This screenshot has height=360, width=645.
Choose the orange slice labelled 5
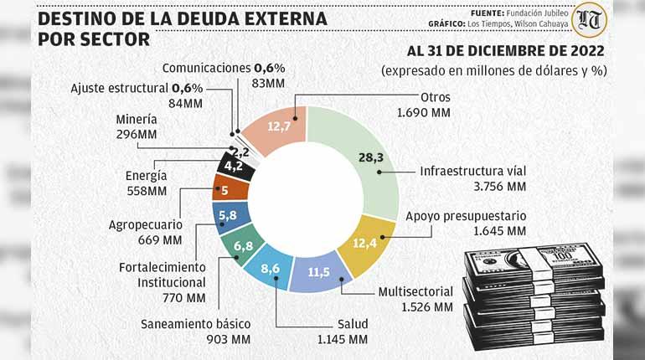(x=226, y=189)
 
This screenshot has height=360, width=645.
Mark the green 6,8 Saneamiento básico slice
(x=243, y=245)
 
